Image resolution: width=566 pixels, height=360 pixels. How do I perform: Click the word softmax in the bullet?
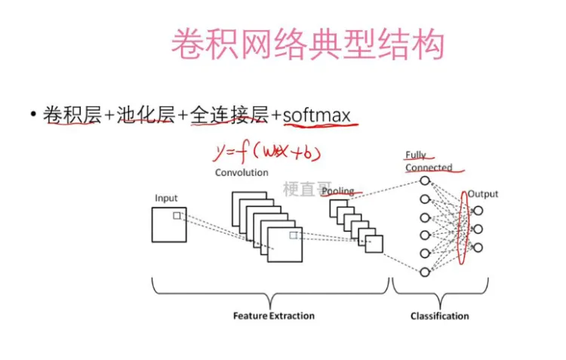[x=316, y=115]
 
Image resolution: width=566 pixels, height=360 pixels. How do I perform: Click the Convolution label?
[x=241, y=173]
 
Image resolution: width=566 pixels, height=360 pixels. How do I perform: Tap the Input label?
[x=166, y=198]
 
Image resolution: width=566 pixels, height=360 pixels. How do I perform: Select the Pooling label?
[x=337, y=192]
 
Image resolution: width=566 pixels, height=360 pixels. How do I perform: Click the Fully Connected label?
[x=427, y=162]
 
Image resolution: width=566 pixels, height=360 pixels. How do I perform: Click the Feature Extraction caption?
[x=274, y=315]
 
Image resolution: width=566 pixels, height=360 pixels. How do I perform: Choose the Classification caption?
[x=439, y=315]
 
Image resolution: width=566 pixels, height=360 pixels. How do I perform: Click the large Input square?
[x=168, y=225]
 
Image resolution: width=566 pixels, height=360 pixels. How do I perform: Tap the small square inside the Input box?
[x=177, y=216]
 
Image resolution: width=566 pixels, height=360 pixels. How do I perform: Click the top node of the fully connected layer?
[x=425, y=181]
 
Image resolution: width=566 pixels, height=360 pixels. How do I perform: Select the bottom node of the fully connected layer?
[x=425, y=272]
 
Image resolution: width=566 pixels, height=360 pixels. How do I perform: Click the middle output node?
[x=478, y=229]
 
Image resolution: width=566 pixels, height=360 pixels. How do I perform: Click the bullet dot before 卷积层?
[x=33, y=115]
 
